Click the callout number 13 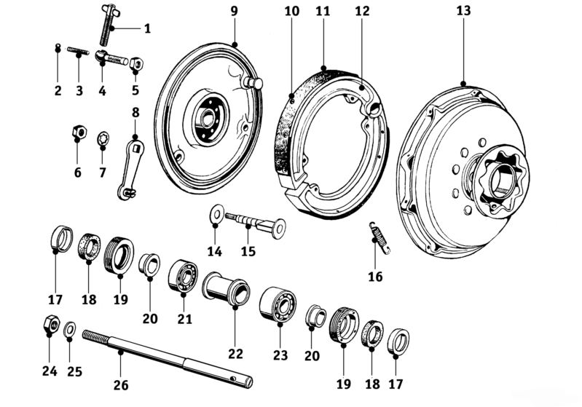[x=463, y=11]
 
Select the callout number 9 [x=234, y=12]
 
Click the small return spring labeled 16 [x=379, y=239]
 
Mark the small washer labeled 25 [x=69, y=329]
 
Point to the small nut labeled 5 [x=136, y=66]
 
